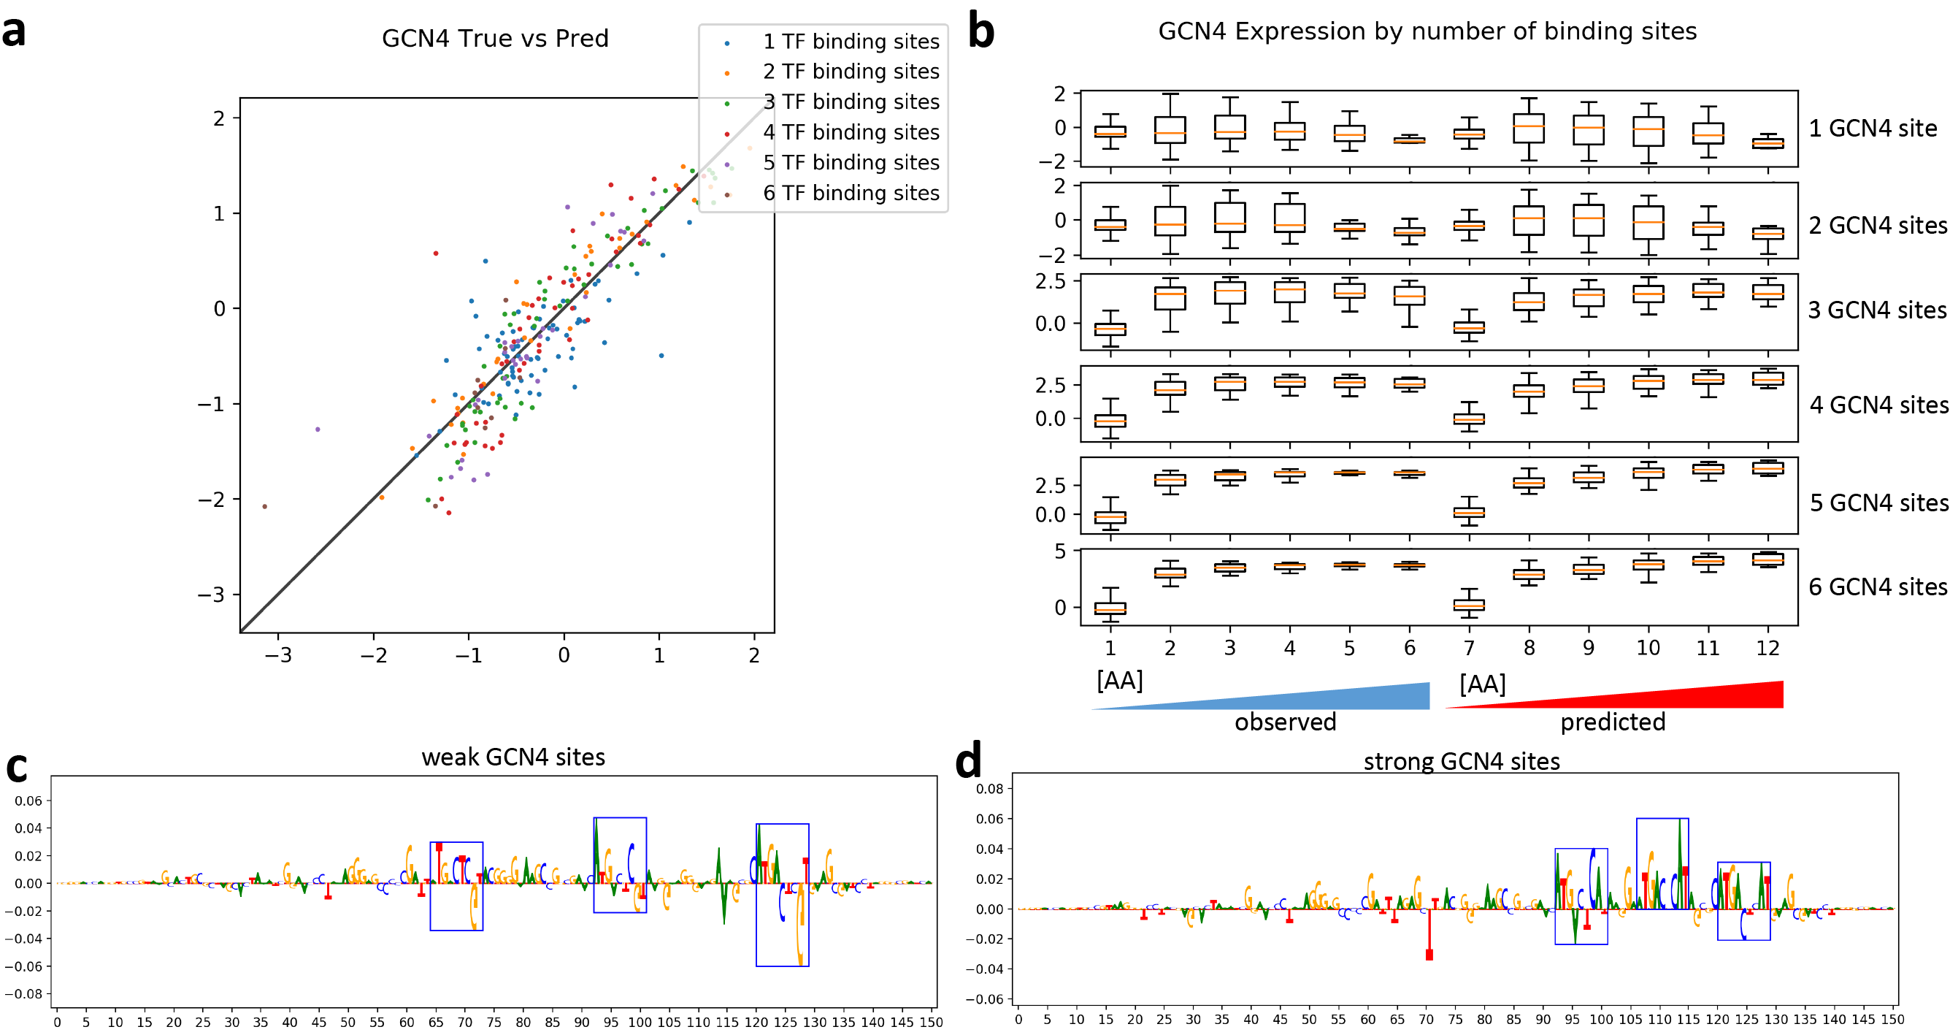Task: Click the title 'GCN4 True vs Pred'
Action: tap(495, 39)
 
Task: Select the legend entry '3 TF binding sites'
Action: tap(851, 102)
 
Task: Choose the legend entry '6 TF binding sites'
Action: tap(851, 193)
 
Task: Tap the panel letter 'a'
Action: tap(14, 32)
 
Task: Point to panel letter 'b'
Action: tap(981, 32)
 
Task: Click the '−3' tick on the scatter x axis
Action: tap(278, 655)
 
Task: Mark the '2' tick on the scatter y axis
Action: tap(219, 118)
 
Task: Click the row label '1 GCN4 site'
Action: tap(1873, 129)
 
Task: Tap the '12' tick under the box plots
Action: tap(1767, 648)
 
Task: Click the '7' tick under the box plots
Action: tap(1469, 648)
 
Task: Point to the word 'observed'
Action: tap(1286, 722)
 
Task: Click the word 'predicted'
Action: tap(1613, 722)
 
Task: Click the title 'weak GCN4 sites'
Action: tap(513, 757)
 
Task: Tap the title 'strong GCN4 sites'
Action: tap(1462, 761)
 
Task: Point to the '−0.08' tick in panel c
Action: tap(23, 993)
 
